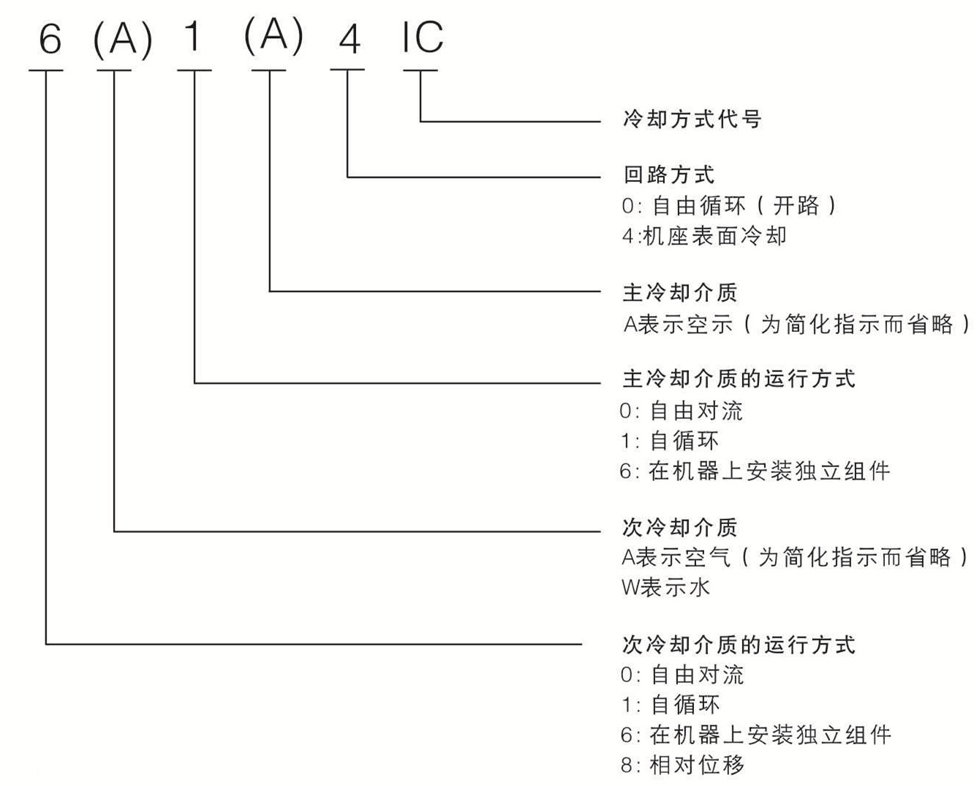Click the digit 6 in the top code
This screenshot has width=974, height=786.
[49, 38]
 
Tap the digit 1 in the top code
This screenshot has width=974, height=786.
[193, 37]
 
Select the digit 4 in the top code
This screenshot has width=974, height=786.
[350, 38]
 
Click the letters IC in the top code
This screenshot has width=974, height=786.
[422, 37]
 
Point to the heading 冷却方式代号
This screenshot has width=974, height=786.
[692, 118]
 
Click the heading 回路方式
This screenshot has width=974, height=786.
[668, 175]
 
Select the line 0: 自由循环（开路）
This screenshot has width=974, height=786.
[729, 205]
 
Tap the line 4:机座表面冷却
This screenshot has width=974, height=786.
[704, 236]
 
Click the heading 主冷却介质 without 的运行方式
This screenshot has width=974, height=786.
[680, 292]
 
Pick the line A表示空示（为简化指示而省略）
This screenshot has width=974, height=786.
[796, 323]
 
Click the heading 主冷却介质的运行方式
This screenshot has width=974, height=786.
[739, 379]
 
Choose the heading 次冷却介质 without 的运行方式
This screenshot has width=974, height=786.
[680, 527]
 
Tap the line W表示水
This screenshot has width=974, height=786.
[665, 587]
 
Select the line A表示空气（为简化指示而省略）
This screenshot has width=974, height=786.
[795, 558]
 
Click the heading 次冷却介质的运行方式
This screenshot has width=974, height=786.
[739, 645]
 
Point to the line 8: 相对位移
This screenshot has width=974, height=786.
[682, 766]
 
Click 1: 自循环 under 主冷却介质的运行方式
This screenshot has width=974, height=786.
[669, 441]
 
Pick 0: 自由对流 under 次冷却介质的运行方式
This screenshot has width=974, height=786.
[682, 674]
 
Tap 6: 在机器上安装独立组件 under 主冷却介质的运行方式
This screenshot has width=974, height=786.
[755, 471]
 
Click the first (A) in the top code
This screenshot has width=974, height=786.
[122, 39]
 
